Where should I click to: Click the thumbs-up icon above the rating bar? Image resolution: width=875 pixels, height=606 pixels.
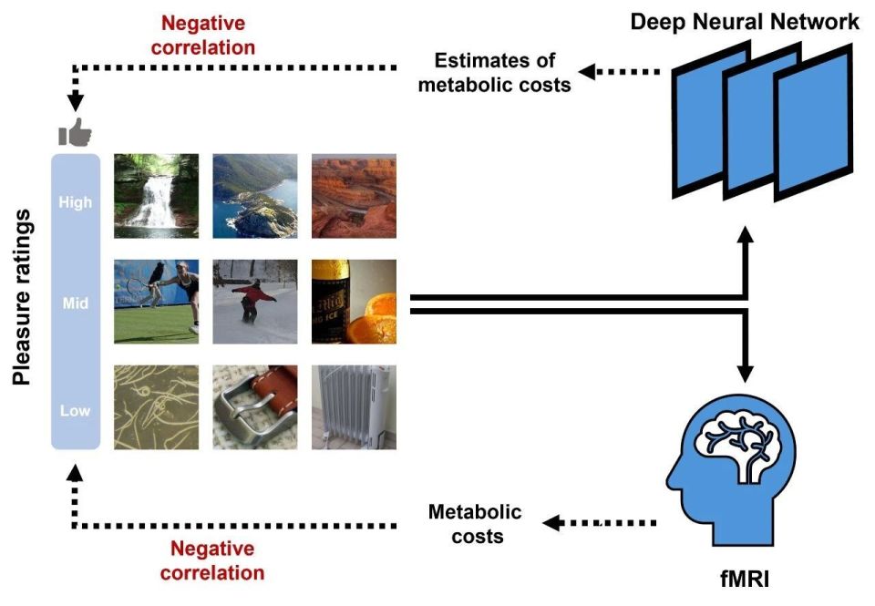[76, 133]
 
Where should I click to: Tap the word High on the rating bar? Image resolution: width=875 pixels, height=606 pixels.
[76, 202]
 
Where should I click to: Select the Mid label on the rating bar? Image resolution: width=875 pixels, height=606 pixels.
[76, 303]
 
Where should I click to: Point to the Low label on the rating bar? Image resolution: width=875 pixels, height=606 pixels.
[76, 410]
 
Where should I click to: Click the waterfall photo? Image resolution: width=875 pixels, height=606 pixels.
[156, 195]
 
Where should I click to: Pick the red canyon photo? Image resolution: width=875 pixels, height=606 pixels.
[354, 195]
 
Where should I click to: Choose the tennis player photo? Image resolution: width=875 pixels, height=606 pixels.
[156, 302]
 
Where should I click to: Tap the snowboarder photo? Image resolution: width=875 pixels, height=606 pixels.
[254, 302]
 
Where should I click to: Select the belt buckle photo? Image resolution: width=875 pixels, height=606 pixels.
[254, 407]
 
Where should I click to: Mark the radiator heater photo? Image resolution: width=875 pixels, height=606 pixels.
[354, 407]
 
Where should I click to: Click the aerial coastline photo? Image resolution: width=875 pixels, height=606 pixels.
[254, 195]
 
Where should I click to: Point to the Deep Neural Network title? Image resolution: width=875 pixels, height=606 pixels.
[745, 22]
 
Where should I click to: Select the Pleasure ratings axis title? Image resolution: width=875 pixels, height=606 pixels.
[22, 297]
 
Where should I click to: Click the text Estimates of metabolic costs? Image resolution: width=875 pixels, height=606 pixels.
[502, 73]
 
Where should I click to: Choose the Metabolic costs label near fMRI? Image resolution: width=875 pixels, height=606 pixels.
[475, 523]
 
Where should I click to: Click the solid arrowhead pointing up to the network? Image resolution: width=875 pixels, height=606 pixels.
[746, 236]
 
